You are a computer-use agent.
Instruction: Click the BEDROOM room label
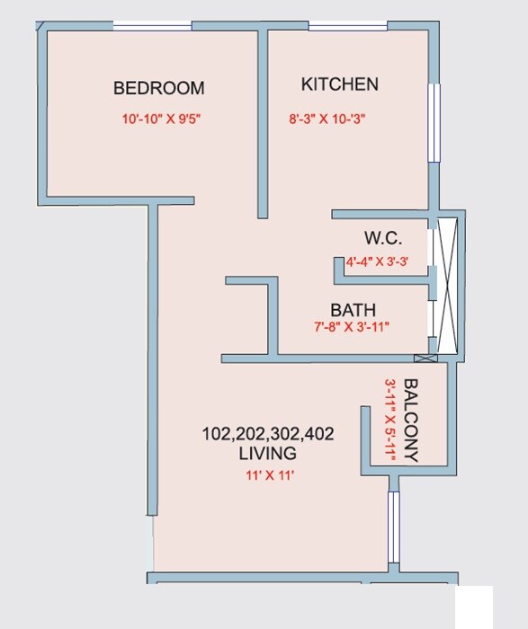point(158,88)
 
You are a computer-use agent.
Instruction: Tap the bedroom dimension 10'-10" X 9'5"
point(162,118)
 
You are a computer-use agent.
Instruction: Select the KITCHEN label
point(339,84)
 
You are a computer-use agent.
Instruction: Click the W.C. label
point(382,239)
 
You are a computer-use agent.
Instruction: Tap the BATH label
point(353,311)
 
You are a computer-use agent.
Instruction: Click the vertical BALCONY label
point(411,419)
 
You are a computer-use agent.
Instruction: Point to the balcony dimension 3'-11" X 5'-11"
point(390,419)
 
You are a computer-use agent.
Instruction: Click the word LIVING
point(267,454)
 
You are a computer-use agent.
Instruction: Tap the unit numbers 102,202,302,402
point(267,434)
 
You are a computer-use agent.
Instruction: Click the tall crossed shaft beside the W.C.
point(450,286)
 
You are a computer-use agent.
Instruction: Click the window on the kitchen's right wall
point(434,122)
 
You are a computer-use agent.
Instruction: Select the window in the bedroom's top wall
point(152,26)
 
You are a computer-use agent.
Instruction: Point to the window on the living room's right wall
point(393,527)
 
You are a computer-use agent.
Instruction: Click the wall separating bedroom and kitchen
point(264,121)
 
